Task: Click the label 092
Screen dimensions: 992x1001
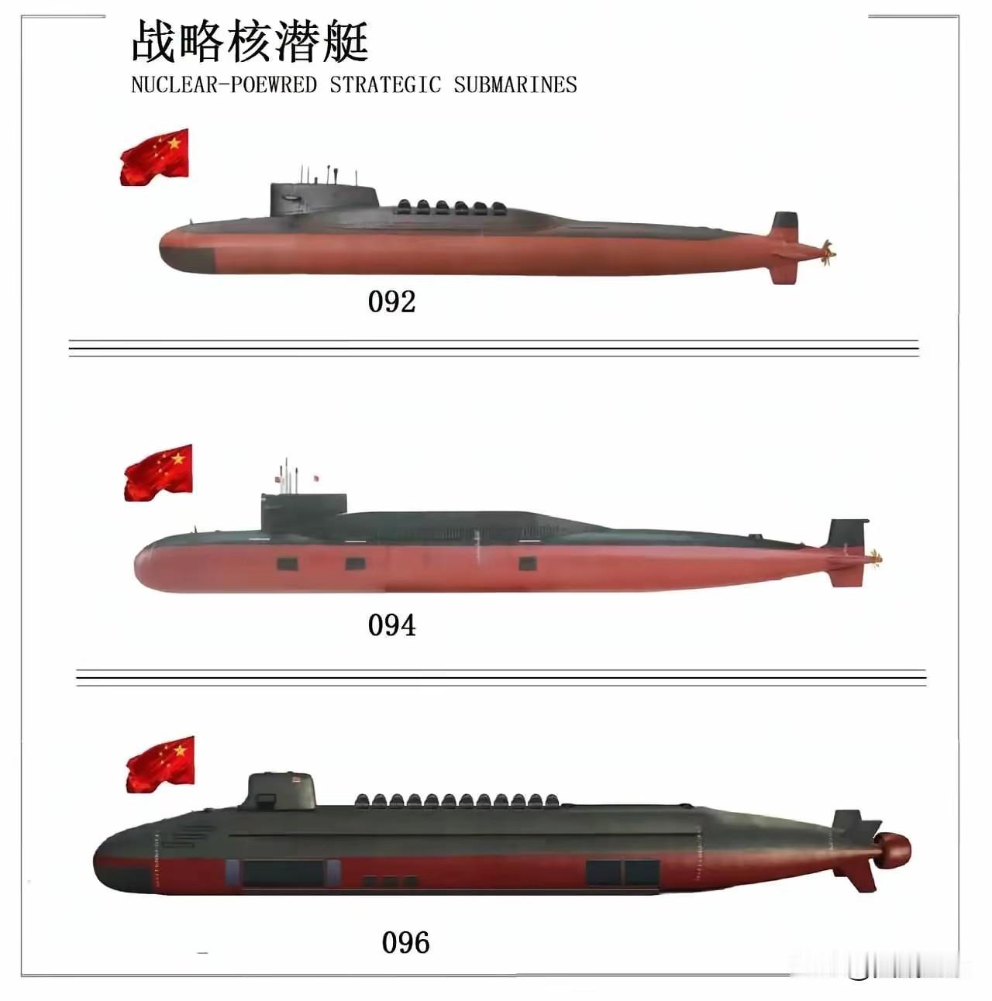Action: coord(391,301)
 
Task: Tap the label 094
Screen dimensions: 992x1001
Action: coord(391,625)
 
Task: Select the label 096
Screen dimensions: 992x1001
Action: coord(405,943)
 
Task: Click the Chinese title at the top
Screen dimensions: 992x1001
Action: coord(250,42)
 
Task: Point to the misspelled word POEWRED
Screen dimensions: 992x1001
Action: coord(274,84)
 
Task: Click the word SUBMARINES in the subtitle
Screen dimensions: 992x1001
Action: coord(515,84)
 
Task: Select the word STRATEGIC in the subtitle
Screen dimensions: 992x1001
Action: coord(385,84)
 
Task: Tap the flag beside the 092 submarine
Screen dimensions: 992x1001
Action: coord(154,157)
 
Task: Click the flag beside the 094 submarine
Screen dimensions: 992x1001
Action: coord(158,473)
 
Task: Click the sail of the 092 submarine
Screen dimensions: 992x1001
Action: coord(322,200)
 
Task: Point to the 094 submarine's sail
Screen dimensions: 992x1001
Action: coord(302,512)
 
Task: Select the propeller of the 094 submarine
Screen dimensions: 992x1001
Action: coord(876,557)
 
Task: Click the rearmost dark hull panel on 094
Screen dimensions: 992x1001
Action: coord(527,563)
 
